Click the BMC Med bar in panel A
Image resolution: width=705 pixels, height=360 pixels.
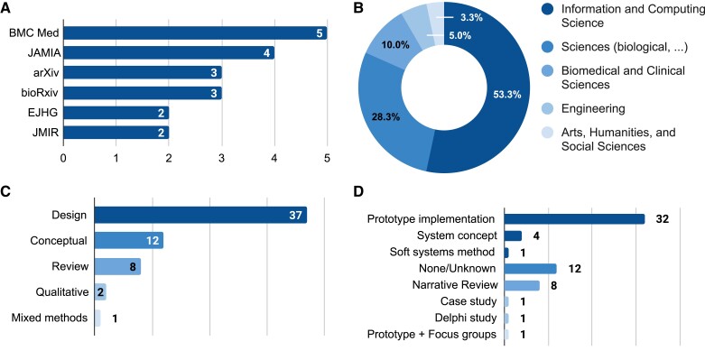click(194, 33)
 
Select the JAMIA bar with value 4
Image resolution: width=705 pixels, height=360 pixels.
click(168, 53)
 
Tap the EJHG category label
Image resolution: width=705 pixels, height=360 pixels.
click(40, 113)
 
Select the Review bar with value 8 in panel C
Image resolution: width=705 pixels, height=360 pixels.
click(117, 266)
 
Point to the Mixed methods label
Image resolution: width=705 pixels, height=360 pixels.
click(50, 318)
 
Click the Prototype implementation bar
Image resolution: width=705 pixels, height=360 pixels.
click(573, 218)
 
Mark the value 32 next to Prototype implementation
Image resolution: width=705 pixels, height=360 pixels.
click(661, 218)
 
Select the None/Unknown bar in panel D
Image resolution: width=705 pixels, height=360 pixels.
click(530, 268)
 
